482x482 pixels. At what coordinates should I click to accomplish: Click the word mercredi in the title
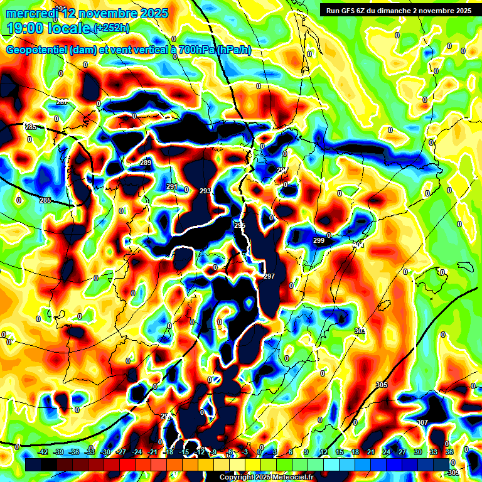pos(30,13)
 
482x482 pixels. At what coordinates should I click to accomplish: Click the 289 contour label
pos(146,163)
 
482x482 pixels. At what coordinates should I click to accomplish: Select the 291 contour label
pos(172,187)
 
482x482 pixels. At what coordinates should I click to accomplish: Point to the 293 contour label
pos(205,191)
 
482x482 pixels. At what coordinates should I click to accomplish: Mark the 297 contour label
pos(269,277)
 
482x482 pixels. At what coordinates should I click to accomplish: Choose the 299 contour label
pos(319,240)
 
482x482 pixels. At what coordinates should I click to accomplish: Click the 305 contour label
pos(382,385)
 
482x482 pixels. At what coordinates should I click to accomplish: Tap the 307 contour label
pos(422,422)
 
